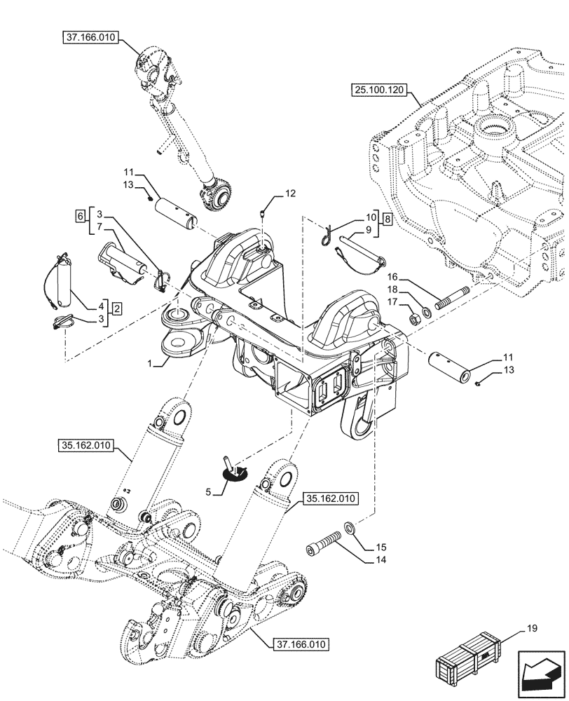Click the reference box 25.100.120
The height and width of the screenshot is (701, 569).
pyautogui.click(x=384, y=89)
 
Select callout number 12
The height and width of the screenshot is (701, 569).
pyautogui.click(x=289, y=192)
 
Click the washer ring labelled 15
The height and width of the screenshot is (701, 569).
pyautogui.click(x=349, y=527)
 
